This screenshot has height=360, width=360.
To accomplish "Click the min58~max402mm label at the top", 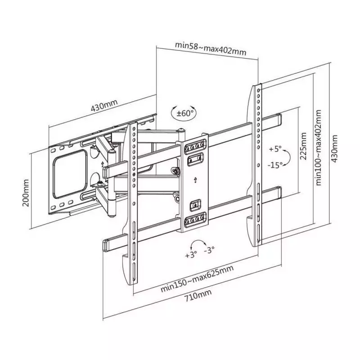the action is pos(211,49).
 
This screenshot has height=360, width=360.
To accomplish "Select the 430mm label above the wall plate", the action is pos(104,105).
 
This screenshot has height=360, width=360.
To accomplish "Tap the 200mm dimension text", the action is pos(26,193).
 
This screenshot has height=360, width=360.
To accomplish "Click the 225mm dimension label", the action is pos(303,146).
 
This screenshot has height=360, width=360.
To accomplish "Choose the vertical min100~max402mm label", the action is pos(319,148).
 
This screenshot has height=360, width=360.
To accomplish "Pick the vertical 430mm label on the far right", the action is pos(335,148).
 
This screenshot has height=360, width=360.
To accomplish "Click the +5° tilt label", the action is pos(275,149).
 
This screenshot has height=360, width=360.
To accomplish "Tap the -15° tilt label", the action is pos(275,165).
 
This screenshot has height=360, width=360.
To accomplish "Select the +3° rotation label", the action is pos(191,254).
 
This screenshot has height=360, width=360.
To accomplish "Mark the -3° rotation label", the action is pos(209,250).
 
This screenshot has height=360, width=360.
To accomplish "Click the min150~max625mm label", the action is pos(197,279).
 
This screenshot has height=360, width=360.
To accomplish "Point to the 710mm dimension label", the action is pos(198,296).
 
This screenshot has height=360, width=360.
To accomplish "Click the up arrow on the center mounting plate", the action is pos(195,180).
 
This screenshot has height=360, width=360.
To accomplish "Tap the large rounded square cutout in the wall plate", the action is pos(70,174).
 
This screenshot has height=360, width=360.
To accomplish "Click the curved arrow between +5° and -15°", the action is pos(289,157).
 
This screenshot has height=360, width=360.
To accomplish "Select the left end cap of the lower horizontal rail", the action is pos(106,246).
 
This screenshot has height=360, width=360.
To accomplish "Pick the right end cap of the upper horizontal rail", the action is pos(279,120).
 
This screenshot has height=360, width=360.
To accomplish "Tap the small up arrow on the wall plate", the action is pos(103,164).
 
